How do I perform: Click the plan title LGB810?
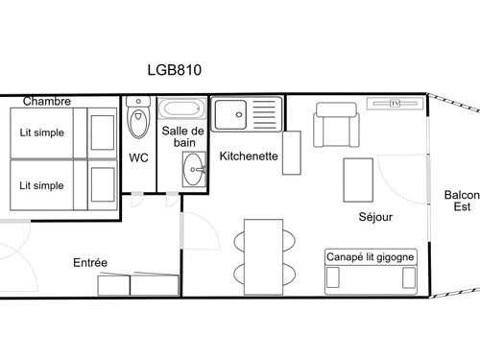click(173, 69)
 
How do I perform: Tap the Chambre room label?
click(47, 101)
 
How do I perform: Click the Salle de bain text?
click(182, 137)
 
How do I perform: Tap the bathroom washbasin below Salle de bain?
click(194, 171)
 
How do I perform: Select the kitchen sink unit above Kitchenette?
click(246, 116)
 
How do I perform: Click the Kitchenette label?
click(249, 156)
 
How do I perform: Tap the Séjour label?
click(375, 217)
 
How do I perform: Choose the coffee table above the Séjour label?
click(358, 180)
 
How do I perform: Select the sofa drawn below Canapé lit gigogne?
click(372, 277)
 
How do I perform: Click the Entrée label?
click(90, 262)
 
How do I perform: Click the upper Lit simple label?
click(42, 133)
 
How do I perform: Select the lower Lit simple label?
click(42, 184)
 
